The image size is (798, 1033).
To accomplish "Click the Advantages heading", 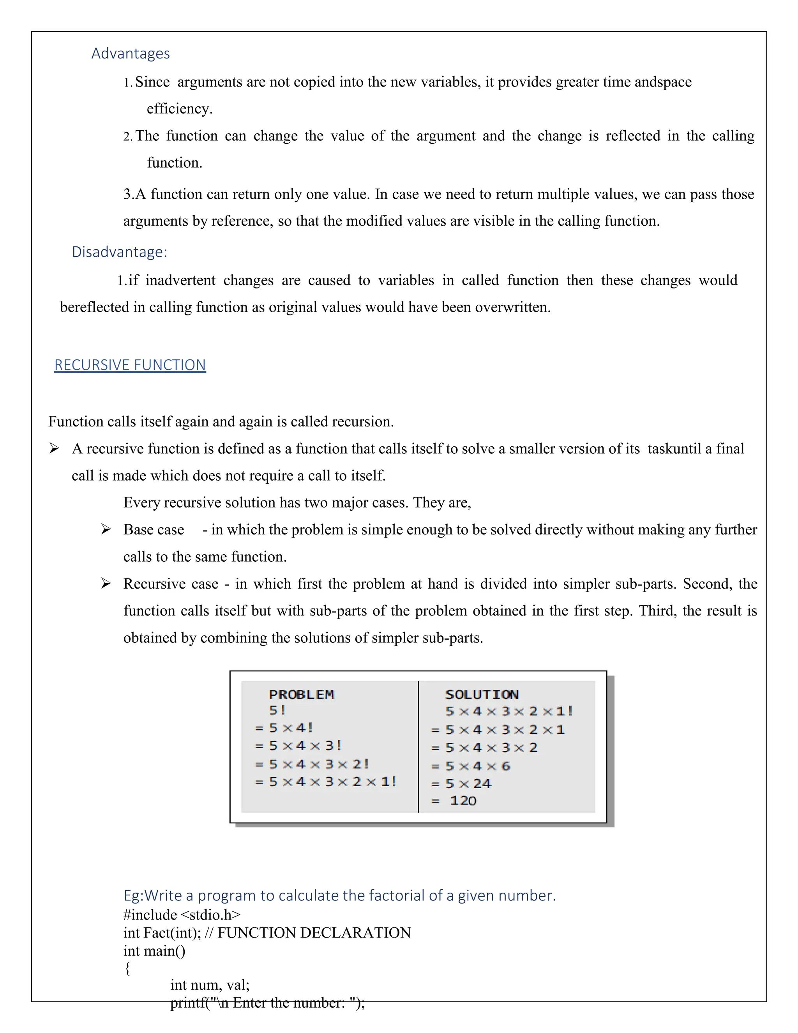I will coord(131,53).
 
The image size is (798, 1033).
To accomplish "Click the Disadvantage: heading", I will coord(119,252).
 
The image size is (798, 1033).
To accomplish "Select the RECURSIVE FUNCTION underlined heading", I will coord(130,365).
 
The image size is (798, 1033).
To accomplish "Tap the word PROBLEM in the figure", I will coord(302,694).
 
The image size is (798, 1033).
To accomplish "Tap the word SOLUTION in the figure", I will coord(482,694).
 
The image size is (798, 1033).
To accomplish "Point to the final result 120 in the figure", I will coord(463,800).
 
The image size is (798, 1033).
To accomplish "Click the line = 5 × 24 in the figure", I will coord(462,784).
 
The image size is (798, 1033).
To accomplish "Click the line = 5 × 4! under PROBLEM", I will coord(284,728).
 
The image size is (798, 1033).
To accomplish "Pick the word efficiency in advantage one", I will coord(179,109).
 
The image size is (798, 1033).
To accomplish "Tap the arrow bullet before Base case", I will coord(106,529).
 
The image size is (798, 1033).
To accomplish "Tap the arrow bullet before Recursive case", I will coord(106,583).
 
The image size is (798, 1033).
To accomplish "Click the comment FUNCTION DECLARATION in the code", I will coord(314,932).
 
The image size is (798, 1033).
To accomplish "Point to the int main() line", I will coord(154,950).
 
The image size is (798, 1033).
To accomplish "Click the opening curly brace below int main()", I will coord(127,968).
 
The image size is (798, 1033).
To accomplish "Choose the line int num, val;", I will coord(210,985).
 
